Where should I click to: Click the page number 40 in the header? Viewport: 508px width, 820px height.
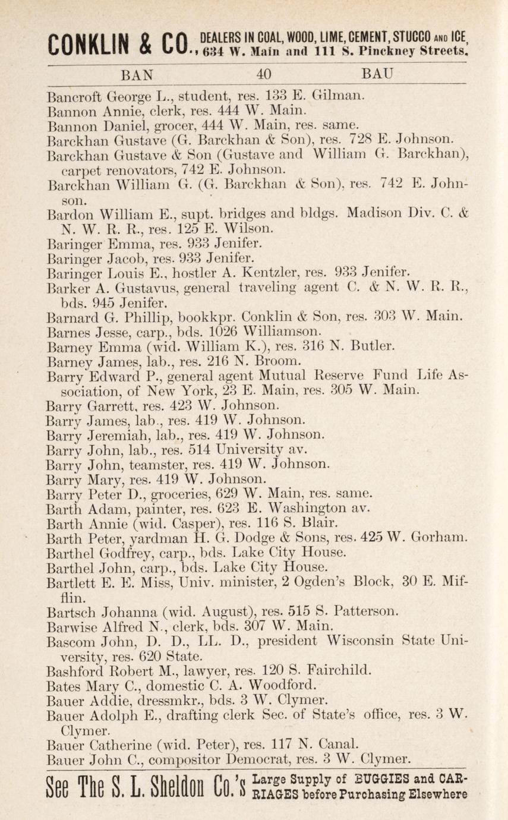[264, 75]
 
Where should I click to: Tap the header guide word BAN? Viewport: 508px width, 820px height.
[137, 75]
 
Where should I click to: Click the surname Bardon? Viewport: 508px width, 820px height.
[70, 212]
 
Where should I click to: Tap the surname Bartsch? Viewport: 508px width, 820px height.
[71, 611]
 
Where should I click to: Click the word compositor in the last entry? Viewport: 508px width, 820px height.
[182, 758]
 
